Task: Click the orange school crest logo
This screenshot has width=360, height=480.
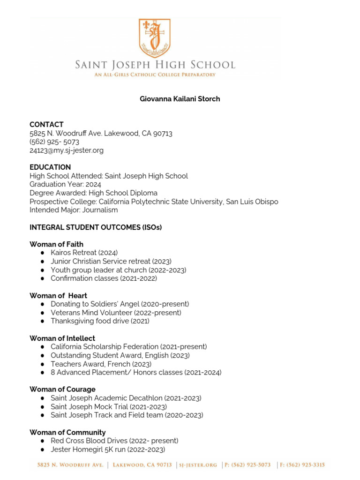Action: pos(155,37)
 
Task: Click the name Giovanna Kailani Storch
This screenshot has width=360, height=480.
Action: pos(180,99)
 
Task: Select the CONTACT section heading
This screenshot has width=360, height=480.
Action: pos(46,125)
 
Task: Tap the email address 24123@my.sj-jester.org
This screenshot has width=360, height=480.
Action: pos(67,150)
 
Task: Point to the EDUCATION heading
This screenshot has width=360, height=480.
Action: pos(50,167)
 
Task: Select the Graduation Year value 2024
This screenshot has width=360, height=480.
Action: pos(93,185)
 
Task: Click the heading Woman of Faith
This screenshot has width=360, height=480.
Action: pos(56,244)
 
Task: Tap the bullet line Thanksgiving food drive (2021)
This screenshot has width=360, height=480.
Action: pos(100,321)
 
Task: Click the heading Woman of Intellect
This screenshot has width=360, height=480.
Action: pos(62,338)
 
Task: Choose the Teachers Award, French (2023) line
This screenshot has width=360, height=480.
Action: pos(101,364)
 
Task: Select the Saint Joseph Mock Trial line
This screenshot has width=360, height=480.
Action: pos(109,407)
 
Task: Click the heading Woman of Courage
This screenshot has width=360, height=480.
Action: pos(62,390)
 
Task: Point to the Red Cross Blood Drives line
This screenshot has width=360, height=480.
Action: pos(114,441)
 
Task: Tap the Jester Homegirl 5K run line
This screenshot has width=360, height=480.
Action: pos(108,450)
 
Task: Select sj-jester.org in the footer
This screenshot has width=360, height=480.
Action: pos(198,465)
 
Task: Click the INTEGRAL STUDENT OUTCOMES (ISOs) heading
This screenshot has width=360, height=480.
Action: pos(96,227)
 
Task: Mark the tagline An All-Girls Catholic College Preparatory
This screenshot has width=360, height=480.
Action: pos(155,75)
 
